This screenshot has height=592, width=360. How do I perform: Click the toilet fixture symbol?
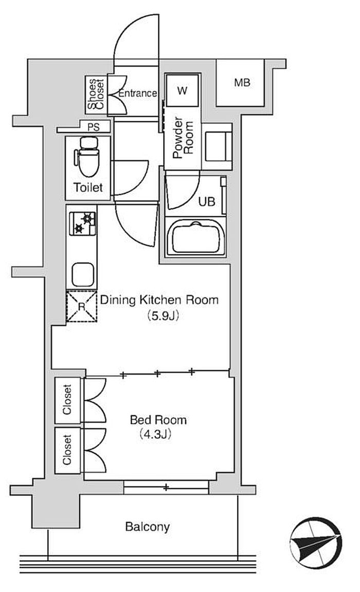[87, 156]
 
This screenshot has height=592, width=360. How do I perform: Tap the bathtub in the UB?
[195, 237]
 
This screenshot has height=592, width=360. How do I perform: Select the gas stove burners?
[82, 223]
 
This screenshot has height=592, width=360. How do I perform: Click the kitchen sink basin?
[83, 274]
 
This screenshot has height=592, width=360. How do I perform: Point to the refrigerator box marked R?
[82, 306]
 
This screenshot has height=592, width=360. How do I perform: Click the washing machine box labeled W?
[182, 90]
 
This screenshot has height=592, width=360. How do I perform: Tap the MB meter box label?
[242, 82]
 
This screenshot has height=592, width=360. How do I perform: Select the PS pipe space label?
[93, 127]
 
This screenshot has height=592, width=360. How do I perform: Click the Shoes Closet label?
[96, 94]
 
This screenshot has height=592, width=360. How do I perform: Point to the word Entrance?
[137, 93]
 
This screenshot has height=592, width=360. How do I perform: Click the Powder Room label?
[183, 138]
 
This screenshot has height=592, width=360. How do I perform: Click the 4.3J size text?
[155, 434]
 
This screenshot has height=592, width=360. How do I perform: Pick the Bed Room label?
[158, 420]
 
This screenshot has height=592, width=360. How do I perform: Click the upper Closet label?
[67, 400]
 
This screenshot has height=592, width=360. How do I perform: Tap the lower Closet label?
[67, 450]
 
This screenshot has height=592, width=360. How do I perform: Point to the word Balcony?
[147, 527]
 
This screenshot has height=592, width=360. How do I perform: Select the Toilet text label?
[88, 187]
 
